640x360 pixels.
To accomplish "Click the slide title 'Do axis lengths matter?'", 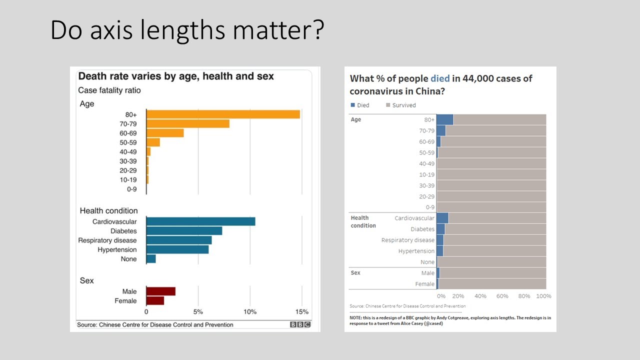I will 187,31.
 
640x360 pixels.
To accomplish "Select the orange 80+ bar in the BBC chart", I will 223,114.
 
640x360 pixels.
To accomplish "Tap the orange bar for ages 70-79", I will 187,124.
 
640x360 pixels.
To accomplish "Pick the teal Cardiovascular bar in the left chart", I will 200,221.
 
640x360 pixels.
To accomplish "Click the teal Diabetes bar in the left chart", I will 184,231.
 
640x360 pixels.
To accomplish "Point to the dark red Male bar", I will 160,291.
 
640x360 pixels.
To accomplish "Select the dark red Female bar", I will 155,301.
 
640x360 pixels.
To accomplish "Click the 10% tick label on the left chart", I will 250,312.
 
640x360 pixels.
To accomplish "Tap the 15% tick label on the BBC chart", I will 301,312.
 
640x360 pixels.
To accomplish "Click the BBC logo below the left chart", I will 300,325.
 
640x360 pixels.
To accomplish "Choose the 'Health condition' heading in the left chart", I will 108,210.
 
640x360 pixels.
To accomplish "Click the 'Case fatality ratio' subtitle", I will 109,90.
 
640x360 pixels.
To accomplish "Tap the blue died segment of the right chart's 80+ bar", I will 444,120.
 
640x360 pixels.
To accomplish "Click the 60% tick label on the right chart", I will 502,296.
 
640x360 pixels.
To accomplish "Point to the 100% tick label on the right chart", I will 543,296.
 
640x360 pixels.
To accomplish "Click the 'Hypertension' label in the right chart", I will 416,251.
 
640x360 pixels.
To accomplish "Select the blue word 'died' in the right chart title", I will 440,78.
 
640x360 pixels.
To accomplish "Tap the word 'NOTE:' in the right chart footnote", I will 357,317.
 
